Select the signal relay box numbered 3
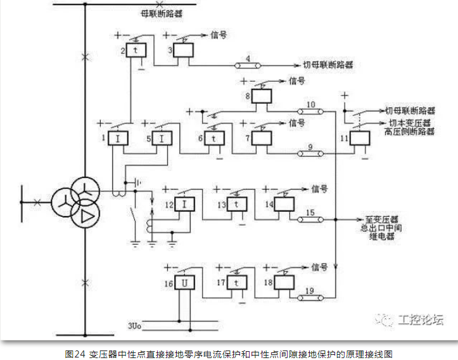pos(184,49)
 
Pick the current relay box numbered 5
pos(162,138)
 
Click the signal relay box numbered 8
pos(262,138)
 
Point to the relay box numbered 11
pos(262,96)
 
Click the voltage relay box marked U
pos(184,282)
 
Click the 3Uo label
pos(134,326)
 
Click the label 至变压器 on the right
pos(381,215)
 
